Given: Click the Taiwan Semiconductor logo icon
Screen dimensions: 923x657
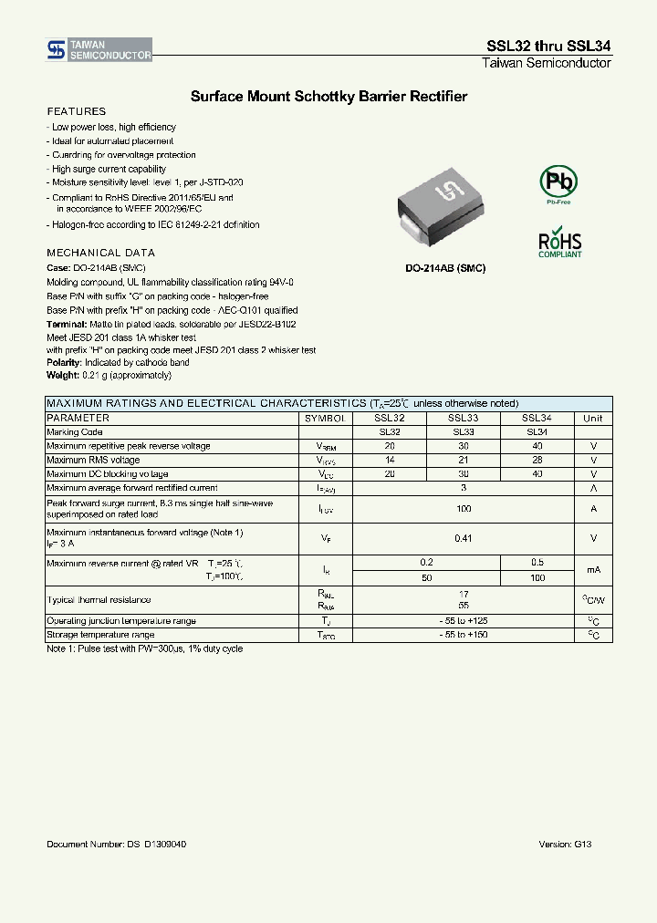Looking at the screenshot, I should tap(56, 49).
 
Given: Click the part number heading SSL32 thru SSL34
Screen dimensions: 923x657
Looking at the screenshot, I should tap(549, 47).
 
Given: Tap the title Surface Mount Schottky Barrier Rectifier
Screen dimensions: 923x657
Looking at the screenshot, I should tap(328, 96).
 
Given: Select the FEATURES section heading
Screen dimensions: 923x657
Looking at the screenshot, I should tap(76, 111).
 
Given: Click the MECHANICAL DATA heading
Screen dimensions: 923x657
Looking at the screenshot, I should tap(100, 253).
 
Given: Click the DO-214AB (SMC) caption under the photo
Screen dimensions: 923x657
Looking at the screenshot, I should tap(445, 268).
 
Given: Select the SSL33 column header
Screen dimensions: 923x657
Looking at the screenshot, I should tap(464, 418).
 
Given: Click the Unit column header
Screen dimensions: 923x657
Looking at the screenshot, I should tap(593, 418).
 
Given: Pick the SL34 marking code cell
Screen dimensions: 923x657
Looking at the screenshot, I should tap(537, 432).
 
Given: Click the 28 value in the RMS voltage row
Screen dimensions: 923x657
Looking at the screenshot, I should tap(537, 461).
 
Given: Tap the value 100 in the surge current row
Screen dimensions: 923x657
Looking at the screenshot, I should tap(464, 509).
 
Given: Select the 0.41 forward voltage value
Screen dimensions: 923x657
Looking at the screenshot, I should tap(464, 538).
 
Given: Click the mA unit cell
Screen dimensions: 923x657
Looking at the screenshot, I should tap(593, 570).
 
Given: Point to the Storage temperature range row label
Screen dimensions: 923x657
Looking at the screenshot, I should tap(100, 635).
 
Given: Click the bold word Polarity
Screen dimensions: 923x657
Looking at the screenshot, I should tap(64, 362).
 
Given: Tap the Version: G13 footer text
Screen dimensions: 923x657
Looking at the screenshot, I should tap(565, 845).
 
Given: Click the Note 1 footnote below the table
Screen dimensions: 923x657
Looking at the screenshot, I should tap(144, 648).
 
